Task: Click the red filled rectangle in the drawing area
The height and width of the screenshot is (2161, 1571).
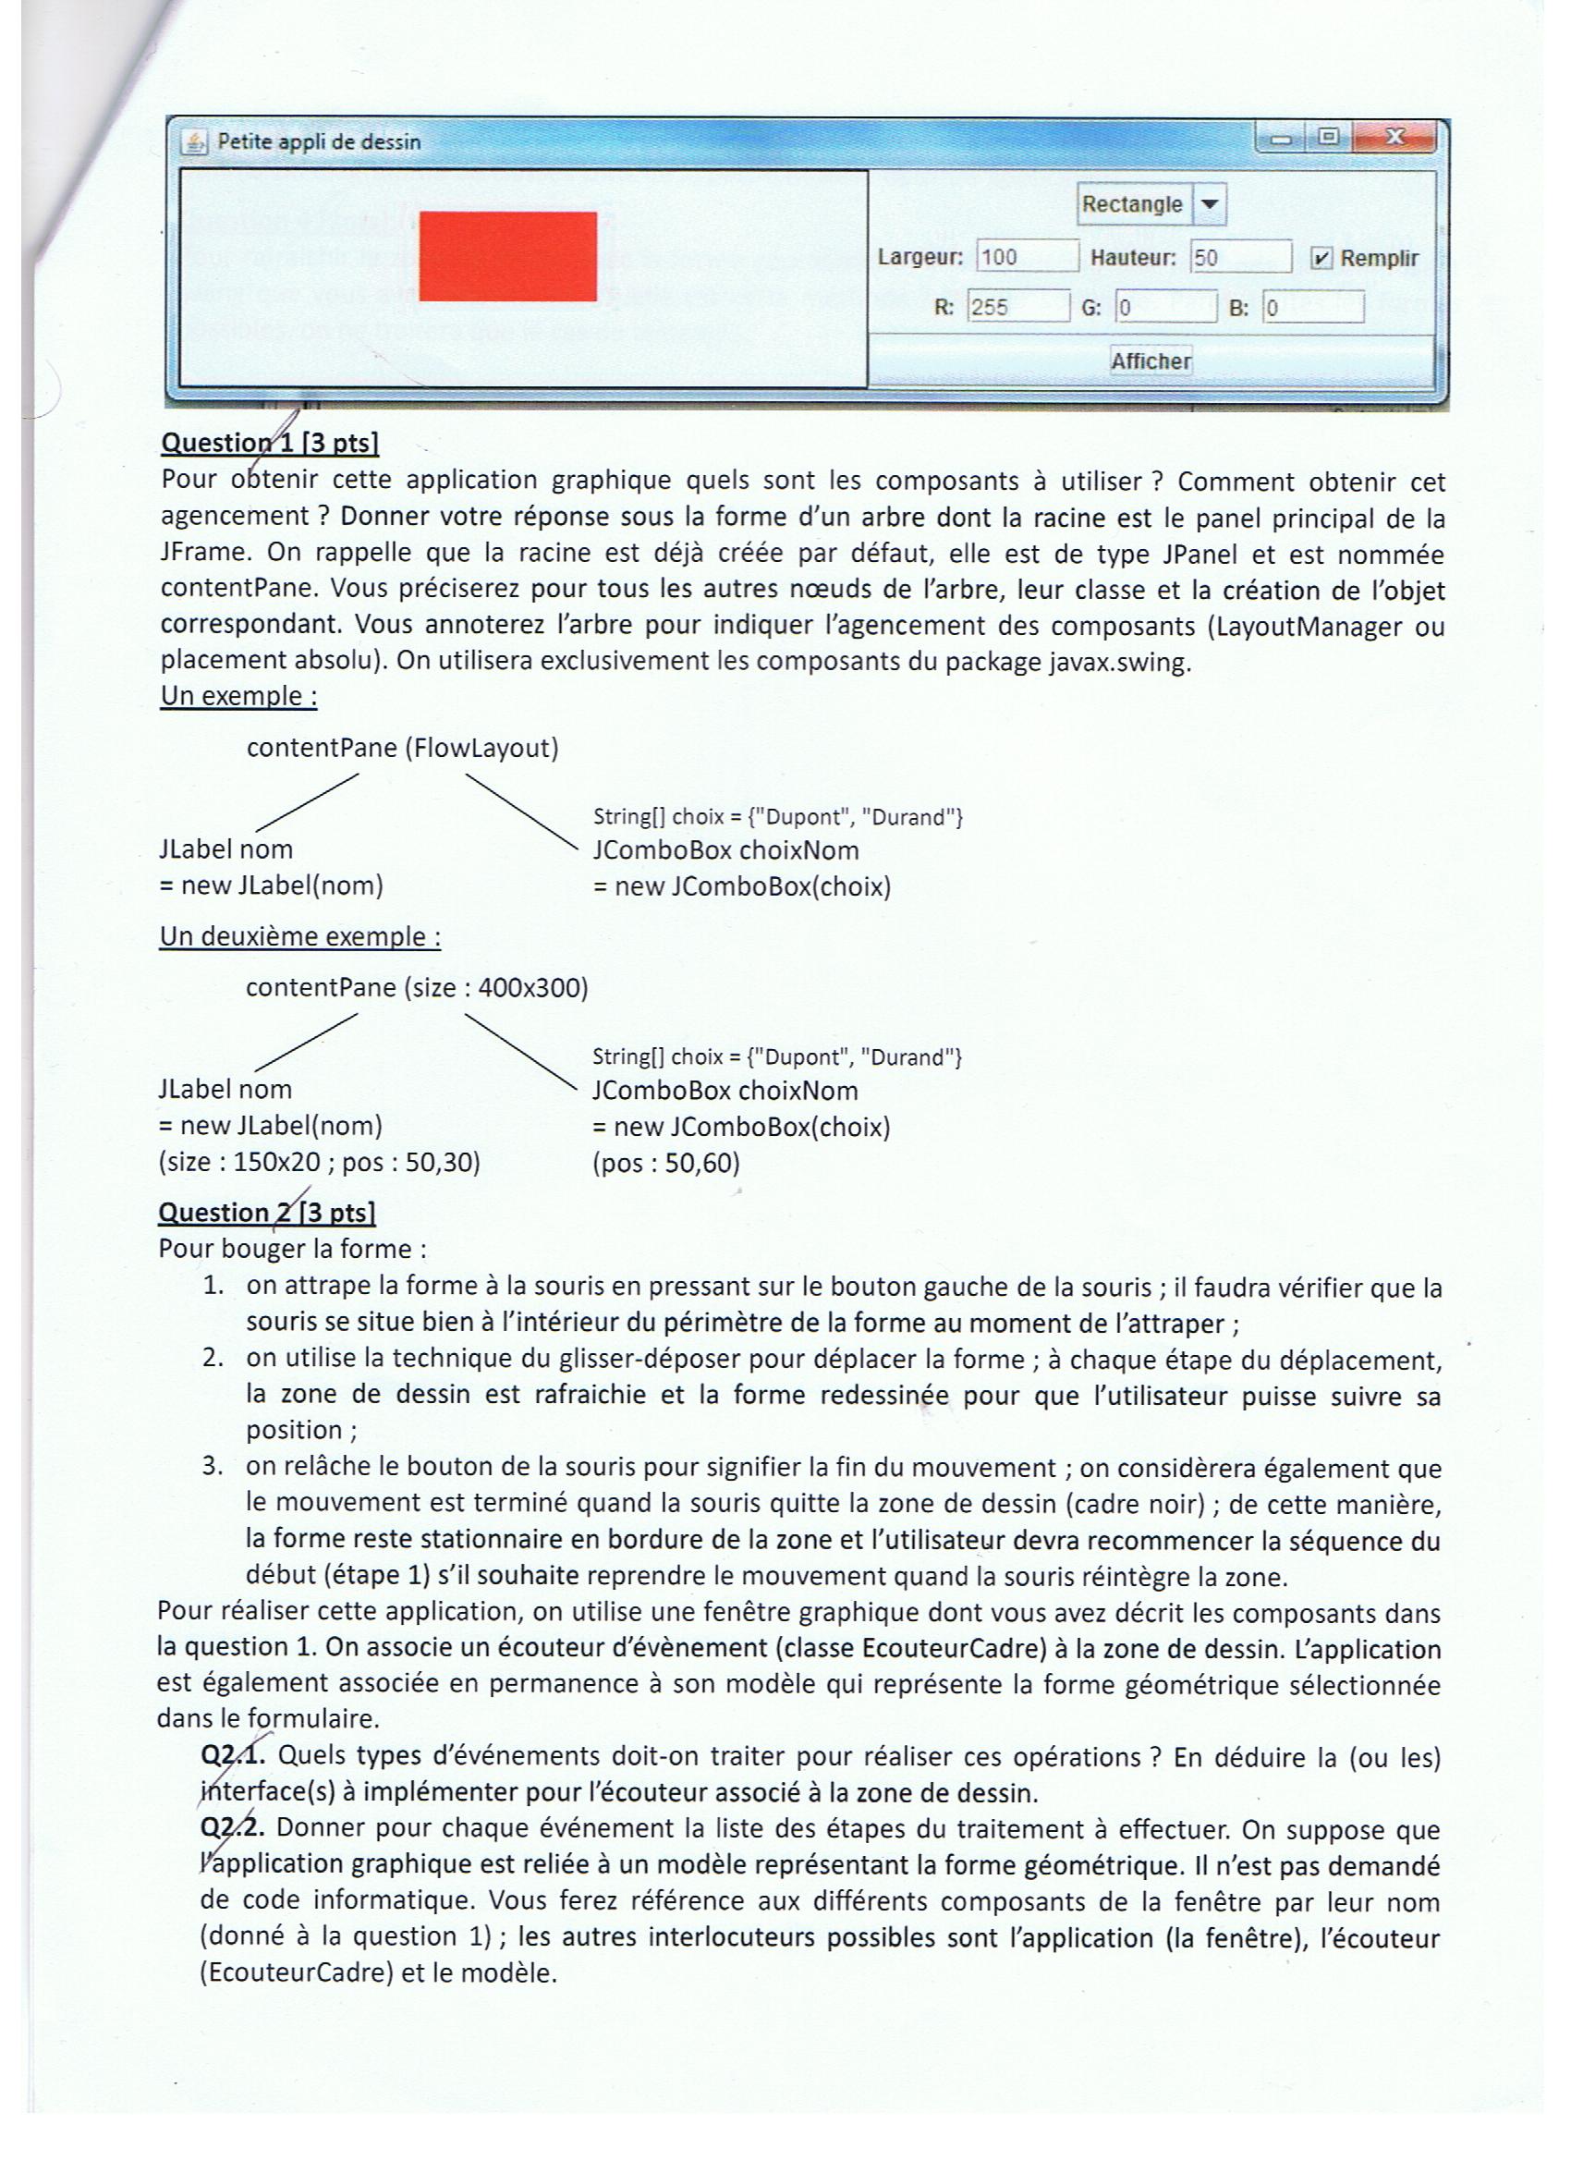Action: tap(507, 256)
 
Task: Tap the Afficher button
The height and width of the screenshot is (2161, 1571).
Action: tap(1150, 361)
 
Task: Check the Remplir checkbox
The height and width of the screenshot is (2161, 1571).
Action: tap(1321, 258)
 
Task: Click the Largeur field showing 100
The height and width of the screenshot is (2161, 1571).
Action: tap(1026, 257)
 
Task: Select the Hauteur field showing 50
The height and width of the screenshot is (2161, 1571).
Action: tap(1239, 257)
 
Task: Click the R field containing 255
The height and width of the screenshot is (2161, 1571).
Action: tap(1017, 307)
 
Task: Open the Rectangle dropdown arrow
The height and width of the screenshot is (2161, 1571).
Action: tap(1208, 205)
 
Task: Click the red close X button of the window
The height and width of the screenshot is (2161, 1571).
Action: tap(1394, 137)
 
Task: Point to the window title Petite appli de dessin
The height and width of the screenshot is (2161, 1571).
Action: tap(318, 142)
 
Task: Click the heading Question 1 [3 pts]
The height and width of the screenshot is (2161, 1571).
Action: tap(270, 443)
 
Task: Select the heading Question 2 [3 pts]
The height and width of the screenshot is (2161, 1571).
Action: tap(267, 1213)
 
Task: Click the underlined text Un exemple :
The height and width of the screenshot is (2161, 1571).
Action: tap(238, 696)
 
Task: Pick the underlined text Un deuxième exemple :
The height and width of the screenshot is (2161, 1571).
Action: tap(300, 935)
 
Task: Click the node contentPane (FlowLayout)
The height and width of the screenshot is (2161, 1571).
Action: tap(402, 748)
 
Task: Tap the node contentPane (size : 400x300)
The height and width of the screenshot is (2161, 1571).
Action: tap(417, 987)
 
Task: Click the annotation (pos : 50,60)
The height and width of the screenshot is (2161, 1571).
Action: tap(666, 1163)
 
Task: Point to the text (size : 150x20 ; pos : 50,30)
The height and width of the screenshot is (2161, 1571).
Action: tap(319, 1163)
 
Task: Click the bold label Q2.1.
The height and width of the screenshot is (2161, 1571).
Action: tap(233, 1755)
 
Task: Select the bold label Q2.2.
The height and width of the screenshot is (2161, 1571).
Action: tap(233, 1827)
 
